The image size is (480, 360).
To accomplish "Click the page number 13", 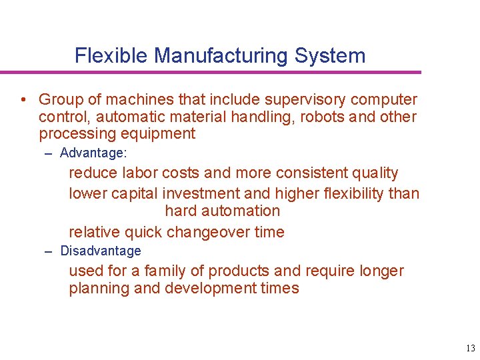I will click(471, 348).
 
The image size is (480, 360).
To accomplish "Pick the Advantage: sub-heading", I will click(93, 153).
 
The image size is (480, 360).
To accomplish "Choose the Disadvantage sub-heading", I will click(101, 251).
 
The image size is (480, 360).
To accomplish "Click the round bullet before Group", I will click(23, 101).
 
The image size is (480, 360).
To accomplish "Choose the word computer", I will click(384, 100).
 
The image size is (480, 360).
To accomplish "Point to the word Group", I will click(61, 100).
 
